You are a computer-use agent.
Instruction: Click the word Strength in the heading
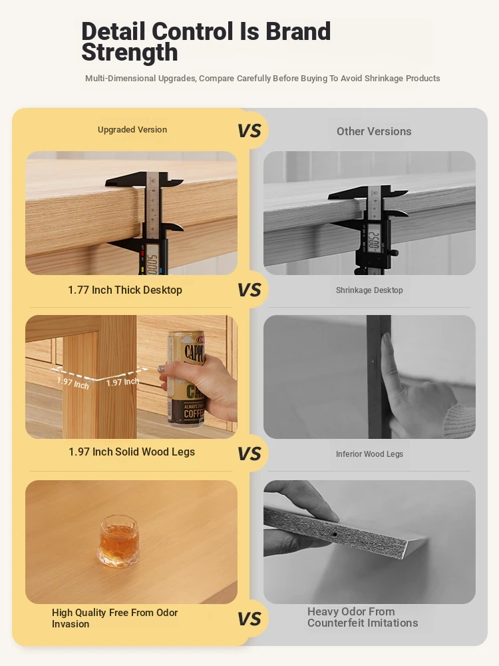tap(130, 52)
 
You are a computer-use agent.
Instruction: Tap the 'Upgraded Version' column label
tap(132, 130)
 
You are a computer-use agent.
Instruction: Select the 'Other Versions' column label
tap(374, 131)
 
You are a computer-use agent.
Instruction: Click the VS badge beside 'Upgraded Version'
tap(249, 131)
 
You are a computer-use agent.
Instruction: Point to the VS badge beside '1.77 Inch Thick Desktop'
tap(249, 290)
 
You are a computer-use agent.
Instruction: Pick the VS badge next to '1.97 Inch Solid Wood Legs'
tap(249, 454)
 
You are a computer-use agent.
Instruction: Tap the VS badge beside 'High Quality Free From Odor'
tap(249, 619)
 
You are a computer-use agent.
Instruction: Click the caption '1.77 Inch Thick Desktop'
tap(125, 290)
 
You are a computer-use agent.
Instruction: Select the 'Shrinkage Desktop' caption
tap(369, 290)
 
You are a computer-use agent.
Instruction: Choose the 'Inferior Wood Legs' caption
tap(369, 454)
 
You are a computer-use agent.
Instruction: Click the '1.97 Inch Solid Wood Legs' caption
tap(132, 452)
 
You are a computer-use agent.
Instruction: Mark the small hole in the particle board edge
tap(335, 534)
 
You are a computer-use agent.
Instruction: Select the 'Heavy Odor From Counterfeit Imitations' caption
tap(363, 617)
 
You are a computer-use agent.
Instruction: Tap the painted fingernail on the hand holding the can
tap(162, 368)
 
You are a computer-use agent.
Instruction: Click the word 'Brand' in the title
tap(298, 31)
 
